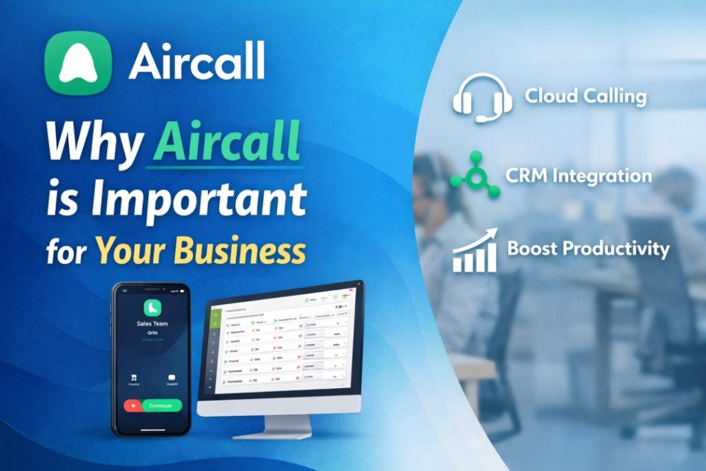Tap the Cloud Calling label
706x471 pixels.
(x=585, y=96)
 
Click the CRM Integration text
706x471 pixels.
(x=578, y=175)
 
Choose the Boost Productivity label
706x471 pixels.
(x=587, y=249)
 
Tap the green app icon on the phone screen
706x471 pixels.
(x=152, y=307)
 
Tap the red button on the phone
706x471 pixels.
(x=132, y=406)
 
